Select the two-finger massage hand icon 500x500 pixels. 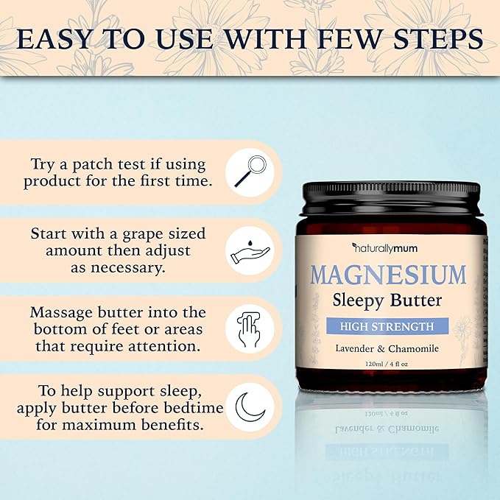(x=250, y=328)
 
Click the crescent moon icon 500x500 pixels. (x=250, y=406)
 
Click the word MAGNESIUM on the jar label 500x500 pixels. (x=388, y=275)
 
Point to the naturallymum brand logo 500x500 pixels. (x=385, y=248)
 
